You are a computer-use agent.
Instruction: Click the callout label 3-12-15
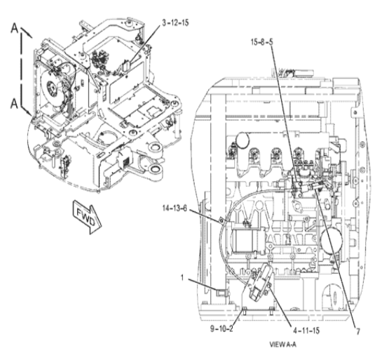coord(175,22)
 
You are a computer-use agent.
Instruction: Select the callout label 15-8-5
coord(261,42)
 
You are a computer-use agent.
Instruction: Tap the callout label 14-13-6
coord(175,208)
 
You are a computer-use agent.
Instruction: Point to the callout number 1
coord(182,277)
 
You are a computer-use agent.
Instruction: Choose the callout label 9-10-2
coord(221,328)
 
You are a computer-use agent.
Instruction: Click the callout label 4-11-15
coord(306,331)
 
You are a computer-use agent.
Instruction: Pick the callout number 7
coord(358,331)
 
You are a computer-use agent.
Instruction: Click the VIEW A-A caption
coord(283,345)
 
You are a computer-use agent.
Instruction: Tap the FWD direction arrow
coord(88,217)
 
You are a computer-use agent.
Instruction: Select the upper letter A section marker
coord(15,28)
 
